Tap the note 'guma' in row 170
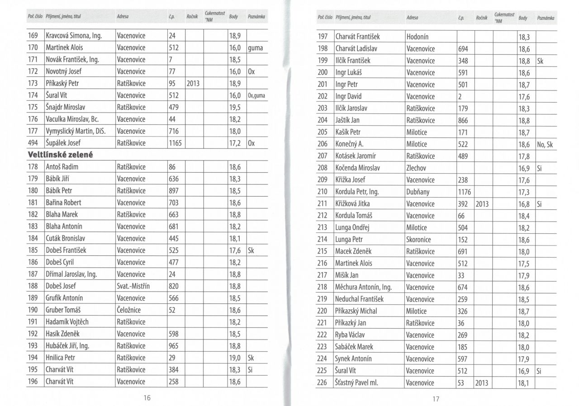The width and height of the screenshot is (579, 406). pos(256,47)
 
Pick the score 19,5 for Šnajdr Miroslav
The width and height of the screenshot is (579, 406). pos(235,107)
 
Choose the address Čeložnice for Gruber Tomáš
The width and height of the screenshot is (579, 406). pos(131,310)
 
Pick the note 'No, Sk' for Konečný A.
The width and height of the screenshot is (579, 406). pos(546,144)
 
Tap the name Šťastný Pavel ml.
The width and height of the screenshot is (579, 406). pos(356,383)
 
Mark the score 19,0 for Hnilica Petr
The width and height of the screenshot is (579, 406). pos(235,358)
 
